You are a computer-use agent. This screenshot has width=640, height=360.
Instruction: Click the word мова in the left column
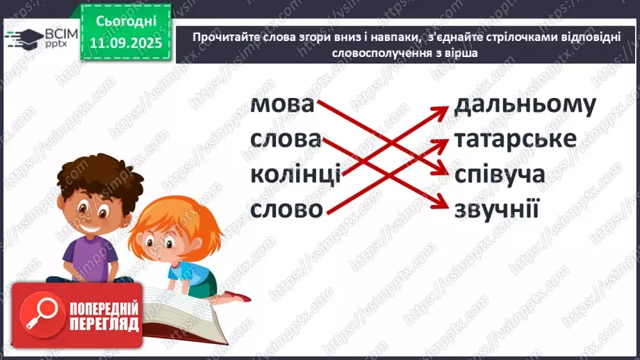[282, 105]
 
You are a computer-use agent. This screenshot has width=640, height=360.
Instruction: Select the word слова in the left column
[286, 140]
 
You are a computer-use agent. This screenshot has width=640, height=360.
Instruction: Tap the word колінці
[295, 174]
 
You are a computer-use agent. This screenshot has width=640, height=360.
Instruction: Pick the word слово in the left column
[286, 208]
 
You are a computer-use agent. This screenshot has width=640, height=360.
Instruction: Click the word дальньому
[525, 105]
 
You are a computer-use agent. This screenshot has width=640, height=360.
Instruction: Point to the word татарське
[516, 139]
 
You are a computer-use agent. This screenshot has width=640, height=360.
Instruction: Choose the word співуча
[500, 174]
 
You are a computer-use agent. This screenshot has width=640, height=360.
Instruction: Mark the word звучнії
[497, 208]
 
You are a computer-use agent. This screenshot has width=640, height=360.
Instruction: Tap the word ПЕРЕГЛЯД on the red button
[104, 324]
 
